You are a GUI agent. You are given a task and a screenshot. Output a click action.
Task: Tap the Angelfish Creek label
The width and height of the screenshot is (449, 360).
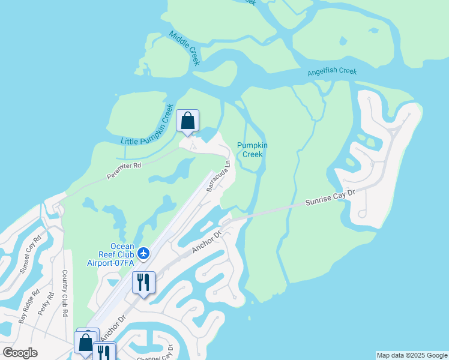click(x=332, y=72)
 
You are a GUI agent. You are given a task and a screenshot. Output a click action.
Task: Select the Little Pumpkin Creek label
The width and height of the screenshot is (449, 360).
click(x=148, y=124)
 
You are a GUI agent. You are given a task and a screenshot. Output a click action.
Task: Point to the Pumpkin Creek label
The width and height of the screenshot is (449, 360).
click(x=252, y=149)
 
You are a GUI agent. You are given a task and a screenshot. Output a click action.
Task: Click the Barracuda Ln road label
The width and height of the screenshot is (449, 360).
click(x=218, y=176)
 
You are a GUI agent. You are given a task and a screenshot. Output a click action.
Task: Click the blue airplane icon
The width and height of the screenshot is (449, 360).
click(x=143, y=253)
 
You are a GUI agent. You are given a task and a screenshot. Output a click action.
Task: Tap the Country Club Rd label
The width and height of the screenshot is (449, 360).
click(x=65, y=293)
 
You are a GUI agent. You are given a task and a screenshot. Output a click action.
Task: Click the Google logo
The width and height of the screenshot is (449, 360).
click(x=20, y=353)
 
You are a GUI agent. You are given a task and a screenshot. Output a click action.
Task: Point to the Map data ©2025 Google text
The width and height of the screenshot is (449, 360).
click(x=412, y=355)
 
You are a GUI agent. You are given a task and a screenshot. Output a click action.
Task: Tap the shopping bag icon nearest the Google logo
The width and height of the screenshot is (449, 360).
click(x=85, y=343)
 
